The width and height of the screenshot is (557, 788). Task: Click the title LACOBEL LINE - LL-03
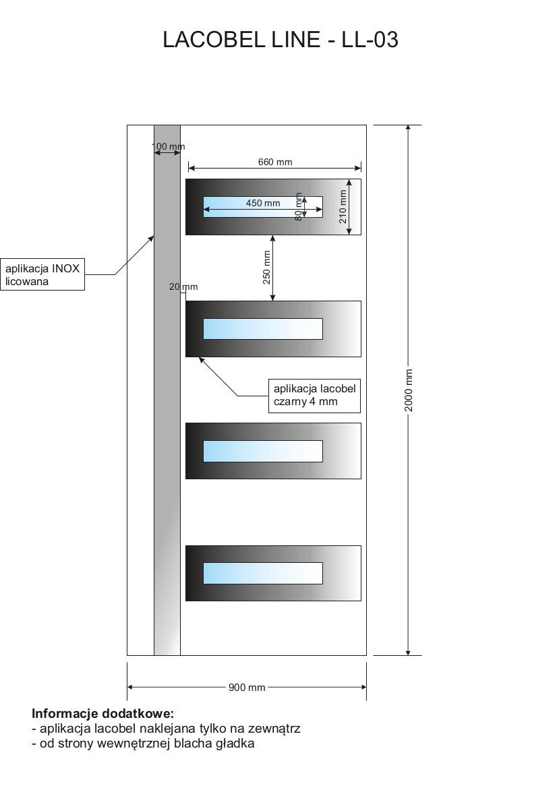click(281, 40)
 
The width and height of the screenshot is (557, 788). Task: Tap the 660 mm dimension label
click(275, 162)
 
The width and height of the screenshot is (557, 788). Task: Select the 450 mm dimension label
click(263, 203)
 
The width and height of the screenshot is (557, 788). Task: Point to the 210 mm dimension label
click(343, 206)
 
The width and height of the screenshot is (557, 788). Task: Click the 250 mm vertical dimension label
click(266, 267)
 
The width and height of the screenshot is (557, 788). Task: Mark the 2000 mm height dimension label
click(409, 390)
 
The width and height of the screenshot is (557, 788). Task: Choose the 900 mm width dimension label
click(247, 688)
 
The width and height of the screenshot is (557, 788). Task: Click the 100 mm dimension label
click(168, 146)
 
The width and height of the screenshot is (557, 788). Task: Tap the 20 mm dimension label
click(183, 287)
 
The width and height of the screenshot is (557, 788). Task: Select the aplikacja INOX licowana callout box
click(42, 274)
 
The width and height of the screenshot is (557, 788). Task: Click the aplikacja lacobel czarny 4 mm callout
click(314, 395)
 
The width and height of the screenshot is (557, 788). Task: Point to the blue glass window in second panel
click(263, 329)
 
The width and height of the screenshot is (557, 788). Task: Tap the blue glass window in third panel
click(263, 451)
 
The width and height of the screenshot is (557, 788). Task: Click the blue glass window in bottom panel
click(263, 573)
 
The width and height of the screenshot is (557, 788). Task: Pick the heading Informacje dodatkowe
click(102, 713)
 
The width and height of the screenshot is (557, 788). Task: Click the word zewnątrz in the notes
click(274, 729)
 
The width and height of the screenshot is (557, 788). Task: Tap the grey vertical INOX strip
click(167, 404)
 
